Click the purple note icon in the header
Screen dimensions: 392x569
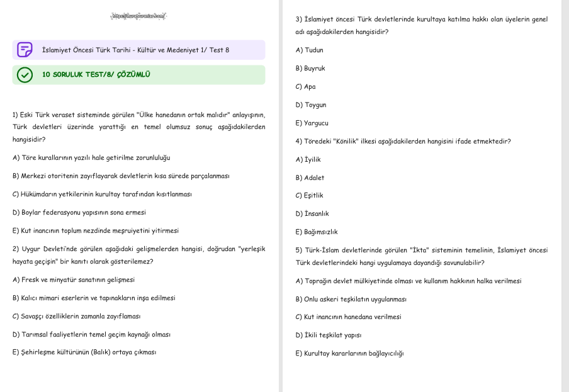pos(25,50)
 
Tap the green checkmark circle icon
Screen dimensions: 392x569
pos(25,75)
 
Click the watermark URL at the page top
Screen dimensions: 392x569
pos(138,16)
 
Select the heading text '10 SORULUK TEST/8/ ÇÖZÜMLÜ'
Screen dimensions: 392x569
pos(96,75)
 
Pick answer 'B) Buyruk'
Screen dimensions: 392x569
pos(310,69)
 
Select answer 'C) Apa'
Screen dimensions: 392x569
pos(305,87)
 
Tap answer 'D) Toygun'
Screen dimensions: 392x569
pos(311,105)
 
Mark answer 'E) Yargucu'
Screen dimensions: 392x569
pos(312,123)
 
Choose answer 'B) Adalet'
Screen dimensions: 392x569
pos(310,178)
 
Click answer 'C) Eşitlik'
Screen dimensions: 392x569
pos(309,196)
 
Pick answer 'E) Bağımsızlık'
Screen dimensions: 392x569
pos(317,232)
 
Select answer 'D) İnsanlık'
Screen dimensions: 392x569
pos(312,214)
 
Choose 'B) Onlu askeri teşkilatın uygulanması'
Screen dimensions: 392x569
pos(351,300)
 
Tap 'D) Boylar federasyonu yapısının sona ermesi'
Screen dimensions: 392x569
pos(79,213)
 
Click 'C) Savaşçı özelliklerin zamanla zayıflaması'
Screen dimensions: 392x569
pos(76,316)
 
